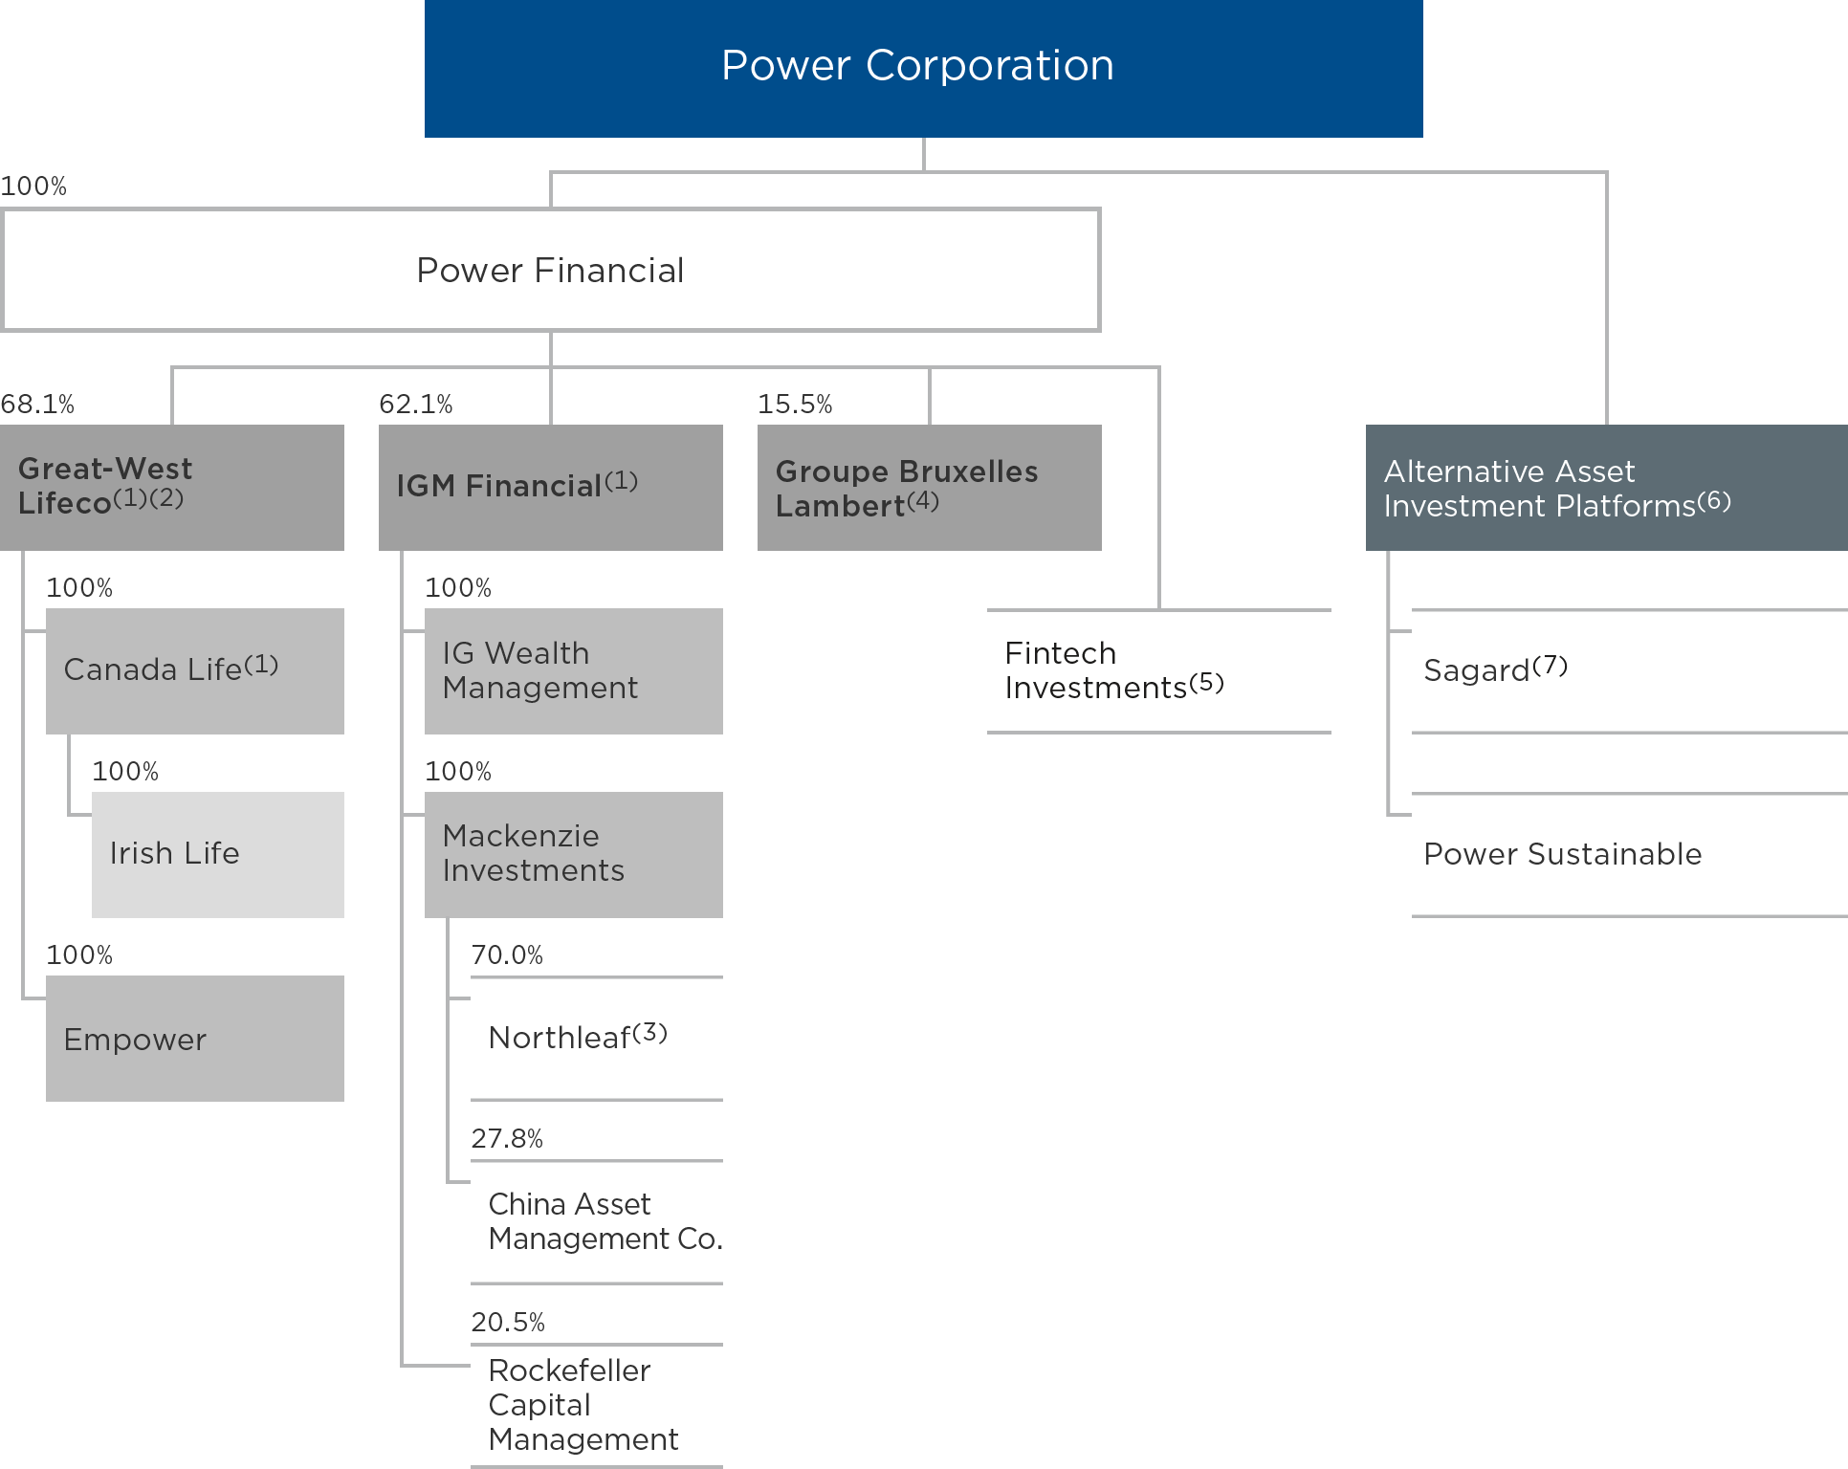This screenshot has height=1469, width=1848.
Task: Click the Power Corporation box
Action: (x=923, y=67)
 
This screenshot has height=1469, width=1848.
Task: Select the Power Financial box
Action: (x=551, y=270)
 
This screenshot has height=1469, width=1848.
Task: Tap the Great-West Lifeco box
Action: (x=172, y=487)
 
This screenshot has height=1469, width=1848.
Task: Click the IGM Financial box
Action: (x=551, y=487)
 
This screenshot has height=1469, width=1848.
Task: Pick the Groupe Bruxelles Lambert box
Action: (x=929, y=487)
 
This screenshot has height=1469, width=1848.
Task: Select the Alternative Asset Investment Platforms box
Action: (x=1607, y=487)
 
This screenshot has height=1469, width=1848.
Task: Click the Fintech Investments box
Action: (x=1158, y=670)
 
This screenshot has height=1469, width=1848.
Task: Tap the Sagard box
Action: (x=1629, y=670)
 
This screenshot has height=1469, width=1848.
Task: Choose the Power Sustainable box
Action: (x=1629, y=854)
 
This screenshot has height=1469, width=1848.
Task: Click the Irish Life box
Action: (x=218, y=854)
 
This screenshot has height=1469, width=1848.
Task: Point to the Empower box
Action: (x=195, y=1038)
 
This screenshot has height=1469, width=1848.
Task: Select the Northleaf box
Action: (x=597, y=1038)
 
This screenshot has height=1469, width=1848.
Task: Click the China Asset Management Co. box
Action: (x=597, y=1221)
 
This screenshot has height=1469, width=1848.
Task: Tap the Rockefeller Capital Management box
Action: (x=597, y=1405)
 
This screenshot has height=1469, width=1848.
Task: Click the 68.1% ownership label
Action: (x=37, y=405)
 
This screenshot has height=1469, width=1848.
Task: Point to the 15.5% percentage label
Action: (x=795, y=405)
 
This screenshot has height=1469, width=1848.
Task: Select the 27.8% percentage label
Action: (x=507, y=1139)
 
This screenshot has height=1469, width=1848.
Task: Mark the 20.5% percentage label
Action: (x=507, y=1323)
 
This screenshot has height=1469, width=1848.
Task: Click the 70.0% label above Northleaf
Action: (x=507, y=955)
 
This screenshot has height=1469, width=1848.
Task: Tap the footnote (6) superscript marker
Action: (x=1714, y=500)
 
